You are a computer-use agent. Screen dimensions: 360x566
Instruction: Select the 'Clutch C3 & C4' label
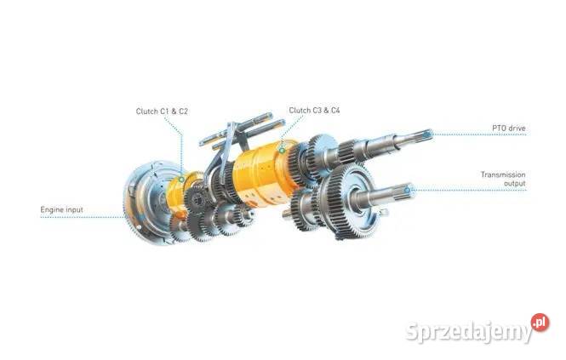point(314,110)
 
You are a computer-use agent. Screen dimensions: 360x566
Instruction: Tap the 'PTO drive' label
point(509,128)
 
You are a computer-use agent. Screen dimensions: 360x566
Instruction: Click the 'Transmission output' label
point(503,179)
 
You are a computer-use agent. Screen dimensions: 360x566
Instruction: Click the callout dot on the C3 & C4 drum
point(282,150)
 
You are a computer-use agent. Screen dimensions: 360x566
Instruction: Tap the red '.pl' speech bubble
point(539,323)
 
